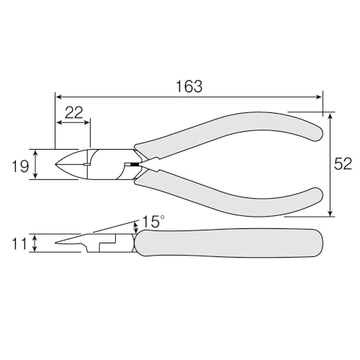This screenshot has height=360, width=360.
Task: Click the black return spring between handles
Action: (x=131, y=166)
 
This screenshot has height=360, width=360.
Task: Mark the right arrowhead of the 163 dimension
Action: (x=319, y=96)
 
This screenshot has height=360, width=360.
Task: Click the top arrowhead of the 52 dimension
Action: (x=330, y=115)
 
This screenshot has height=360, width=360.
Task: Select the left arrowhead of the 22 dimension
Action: (x=59, y=123)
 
